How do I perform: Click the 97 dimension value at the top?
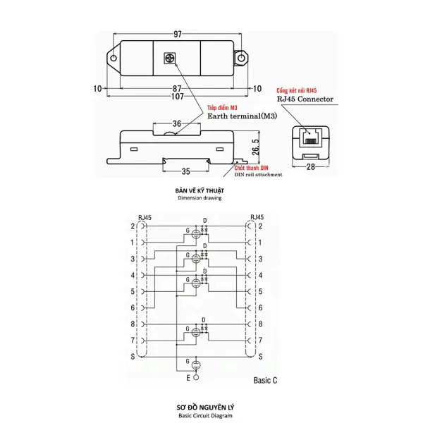177,34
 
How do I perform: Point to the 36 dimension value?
176,124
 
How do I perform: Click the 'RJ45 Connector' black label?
305,99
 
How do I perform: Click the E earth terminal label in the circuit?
188,379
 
